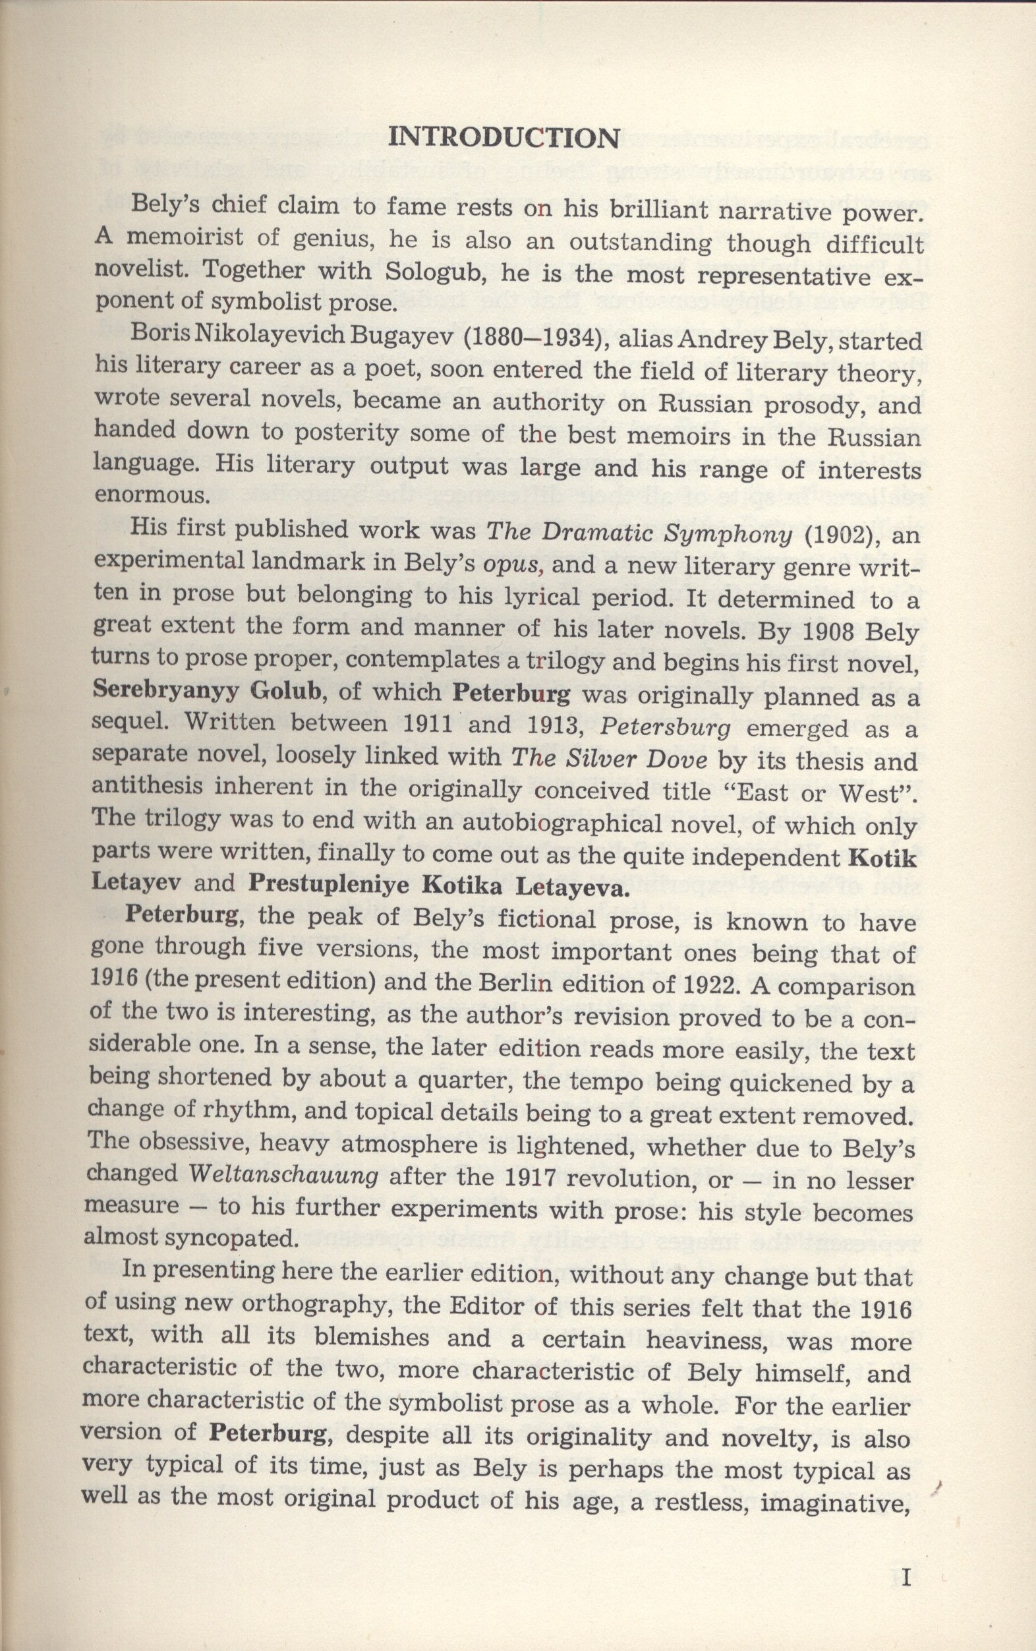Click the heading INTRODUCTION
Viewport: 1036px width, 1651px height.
point(503,138)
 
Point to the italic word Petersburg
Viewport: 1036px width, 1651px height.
point(664,727)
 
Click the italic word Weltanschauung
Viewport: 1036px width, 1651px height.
point(283,1176)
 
